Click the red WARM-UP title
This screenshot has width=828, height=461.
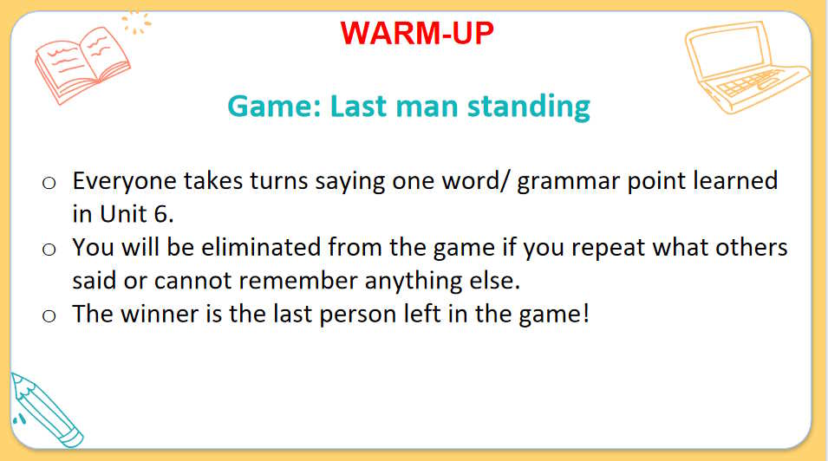pyautogui.click(x=417, y=33)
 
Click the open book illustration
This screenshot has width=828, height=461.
pyautogui.click(x=82, y=64)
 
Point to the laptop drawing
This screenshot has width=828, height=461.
pyautogui.click(x=746, y=67)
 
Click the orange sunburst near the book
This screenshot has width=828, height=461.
pyautogui.click(x=136, y=23)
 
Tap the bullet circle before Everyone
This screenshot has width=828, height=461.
pyautogui.click(x=49, y=183)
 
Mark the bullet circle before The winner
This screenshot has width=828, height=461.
pyautogui.click(x=49, y=315)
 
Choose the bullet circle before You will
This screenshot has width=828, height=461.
pyautogui.click(x=49, y=250)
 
